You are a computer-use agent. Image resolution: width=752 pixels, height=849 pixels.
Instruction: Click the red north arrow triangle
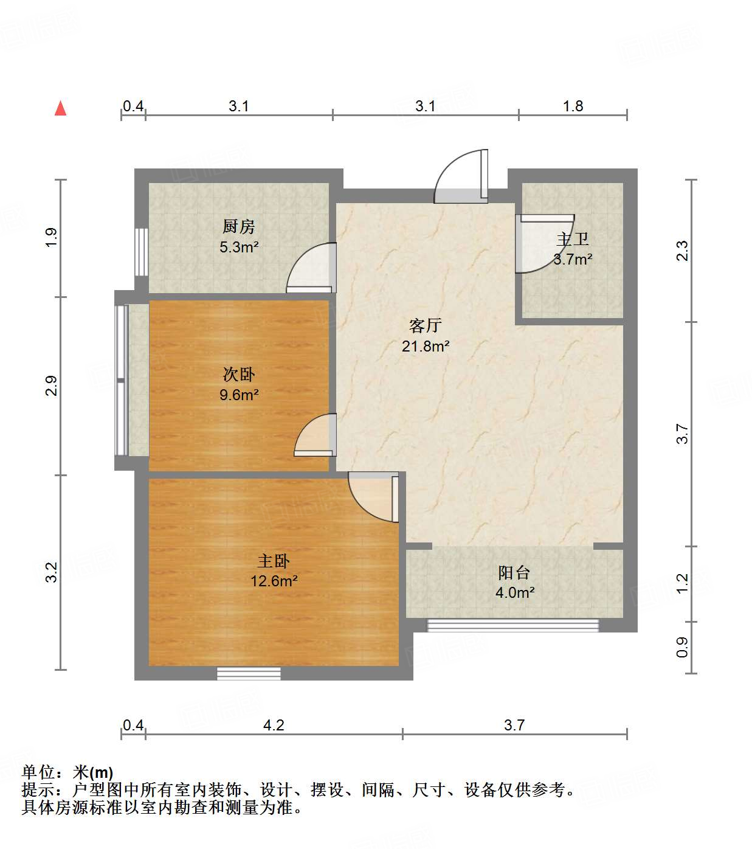(60, 108)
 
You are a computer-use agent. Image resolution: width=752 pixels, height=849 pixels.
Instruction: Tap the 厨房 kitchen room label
(238, 227)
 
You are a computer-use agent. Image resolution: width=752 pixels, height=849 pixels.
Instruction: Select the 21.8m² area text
(426, 347)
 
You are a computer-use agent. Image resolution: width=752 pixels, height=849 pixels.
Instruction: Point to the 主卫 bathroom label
(573, 240)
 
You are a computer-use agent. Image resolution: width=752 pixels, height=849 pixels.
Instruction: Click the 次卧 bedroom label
(239, 375)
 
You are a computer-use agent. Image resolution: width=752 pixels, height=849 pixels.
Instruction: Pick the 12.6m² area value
(274, 581)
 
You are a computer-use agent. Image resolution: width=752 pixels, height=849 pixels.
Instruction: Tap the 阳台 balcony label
(514, 573)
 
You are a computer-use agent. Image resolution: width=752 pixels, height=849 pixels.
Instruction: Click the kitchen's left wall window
(141, 252)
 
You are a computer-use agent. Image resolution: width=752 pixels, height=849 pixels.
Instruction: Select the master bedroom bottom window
(249, 673)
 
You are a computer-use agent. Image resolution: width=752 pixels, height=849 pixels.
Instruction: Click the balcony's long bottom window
(513, 625)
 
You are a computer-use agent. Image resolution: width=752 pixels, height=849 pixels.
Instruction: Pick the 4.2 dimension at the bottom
(274, 725)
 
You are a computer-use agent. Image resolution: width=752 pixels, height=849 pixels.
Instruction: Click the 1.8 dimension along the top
(573, 106)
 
